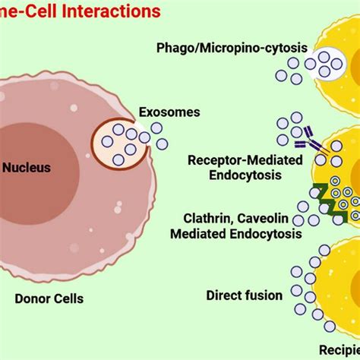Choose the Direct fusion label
(x=244, y=295)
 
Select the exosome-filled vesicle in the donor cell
(x=119, y=144)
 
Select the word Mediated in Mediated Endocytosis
(x=198, y=234)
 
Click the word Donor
(x=30, y=298)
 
